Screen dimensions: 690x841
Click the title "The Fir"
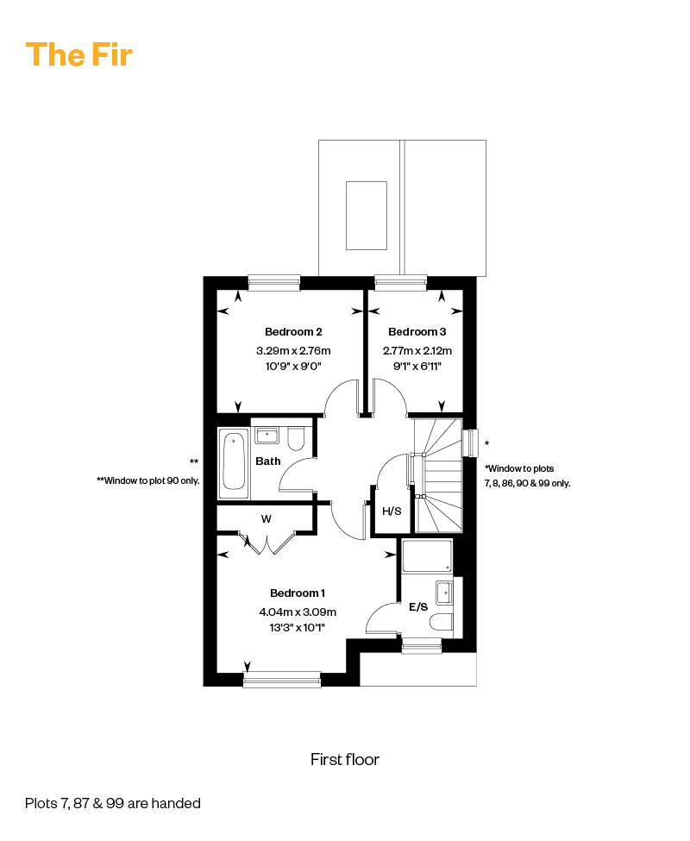78,54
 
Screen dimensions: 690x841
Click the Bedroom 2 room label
293,332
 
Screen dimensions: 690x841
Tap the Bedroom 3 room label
417,332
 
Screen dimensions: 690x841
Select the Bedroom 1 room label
298,593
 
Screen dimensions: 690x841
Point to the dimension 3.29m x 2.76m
293,351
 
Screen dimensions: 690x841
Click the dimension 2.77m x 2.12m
417,351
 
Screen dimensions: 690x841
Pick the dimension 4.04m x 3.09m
298,612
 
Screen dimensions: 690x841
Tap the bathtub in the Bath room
234,463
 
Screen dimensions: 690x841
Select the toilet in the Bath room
296,438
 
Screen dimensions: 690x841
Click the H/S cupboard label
392,512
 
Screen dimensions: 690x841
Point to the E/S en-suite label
418,606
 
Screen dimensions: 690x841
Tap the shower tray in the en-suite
427,556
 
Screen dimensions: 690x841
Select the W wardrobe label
266,518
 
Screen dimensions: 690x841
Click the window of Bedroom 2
274,283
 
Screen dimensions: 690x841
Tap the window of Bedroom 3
400,283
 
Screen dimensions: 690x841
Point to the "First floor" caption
345,759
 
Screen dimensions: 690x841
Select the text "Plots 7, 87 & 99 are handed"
113,803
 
